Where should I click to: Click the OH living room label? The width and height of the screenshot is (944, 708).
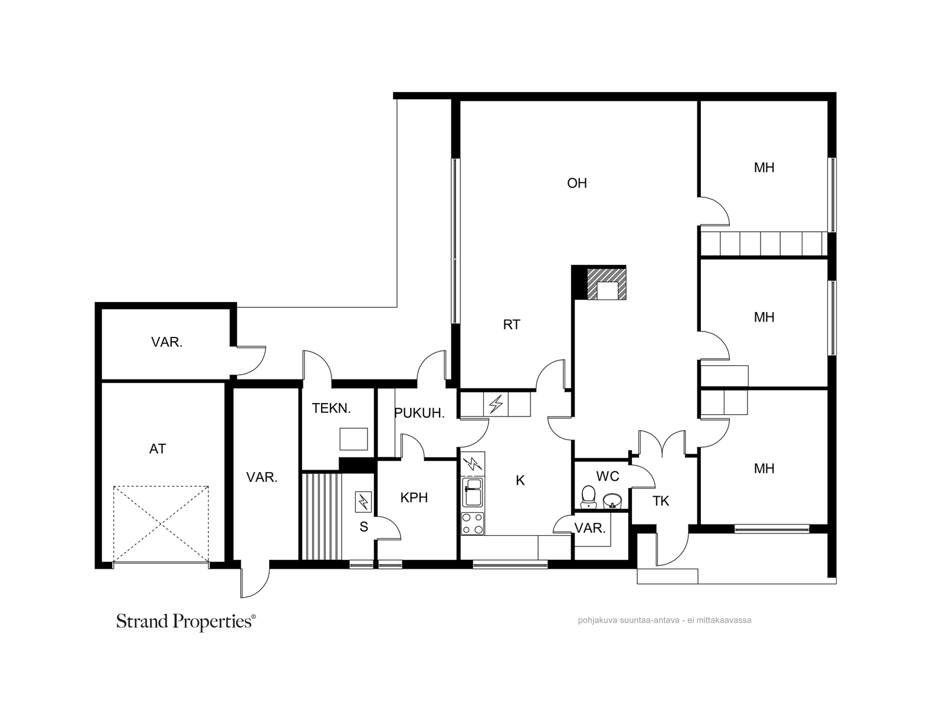(576, 183)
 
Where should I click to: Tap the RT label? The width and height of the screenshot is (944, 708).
(512, 324)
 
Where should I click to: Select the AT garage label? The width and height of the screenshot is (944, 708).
(158, 449)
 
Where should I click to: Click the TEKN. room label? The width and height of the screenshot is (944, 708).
(331, 408)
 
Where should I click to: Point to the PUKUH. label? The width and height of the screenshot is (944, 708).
(419, 413)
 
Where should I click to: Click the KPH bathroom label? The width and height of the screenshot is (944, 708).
(414, 498)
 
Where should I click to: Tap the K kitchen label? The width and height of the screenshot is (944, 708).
(520, 481)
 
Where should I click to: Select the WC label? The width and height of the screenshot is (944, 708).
(608, 476)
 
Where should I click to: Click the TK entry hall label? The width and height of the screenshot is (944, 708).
(661, 501)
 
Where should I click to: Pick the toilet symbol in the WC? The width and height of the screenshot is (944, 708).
(588, 497)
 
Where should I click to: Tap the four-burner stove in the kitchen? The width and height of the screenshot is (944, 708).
(472, 523)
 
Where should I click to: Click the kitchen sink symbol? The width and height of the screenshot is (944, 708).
(473, 492)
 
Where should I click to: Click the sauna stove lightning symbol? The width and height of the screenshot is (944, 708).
(363, 502)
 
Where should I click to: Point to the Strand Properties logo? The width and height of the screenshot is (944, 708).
(186, 622)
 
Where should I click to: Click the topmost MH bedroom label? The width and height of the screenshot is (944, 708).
(764, 168)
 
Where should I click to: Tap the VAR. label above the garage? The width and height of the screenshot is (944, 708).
(166, 342)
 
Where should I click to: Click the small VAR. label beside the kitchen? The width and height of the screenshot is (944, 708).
(589, 528)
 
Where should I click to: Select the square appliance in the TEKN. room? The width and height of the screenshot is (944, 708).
(353, 439)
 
